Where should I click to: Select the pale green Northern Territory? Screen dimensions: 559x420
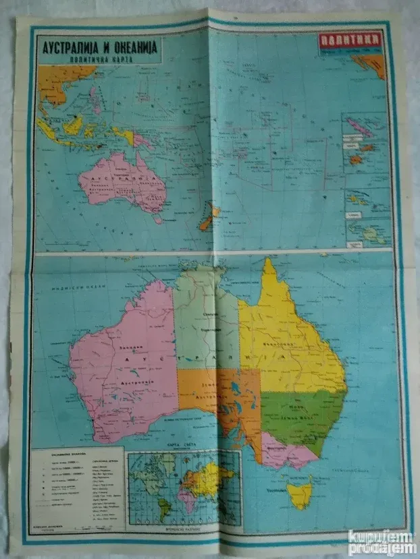206,324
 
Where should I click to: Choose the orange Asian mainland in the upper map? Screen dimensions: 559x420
57,81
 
